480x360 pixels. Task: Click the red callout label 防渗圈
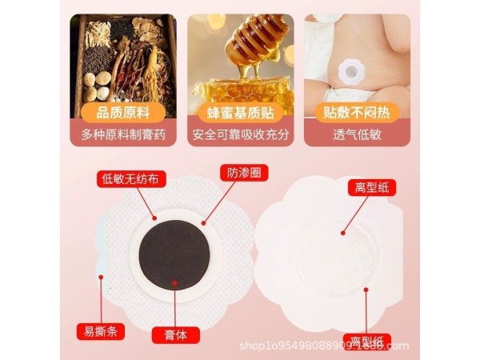point(243,172)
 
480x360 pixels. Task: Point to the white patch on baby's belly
point(349,73)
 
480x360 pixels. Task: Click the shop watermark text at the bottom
point(324,346)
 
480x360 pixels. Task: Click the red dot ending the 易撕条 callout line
point(102,278)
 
